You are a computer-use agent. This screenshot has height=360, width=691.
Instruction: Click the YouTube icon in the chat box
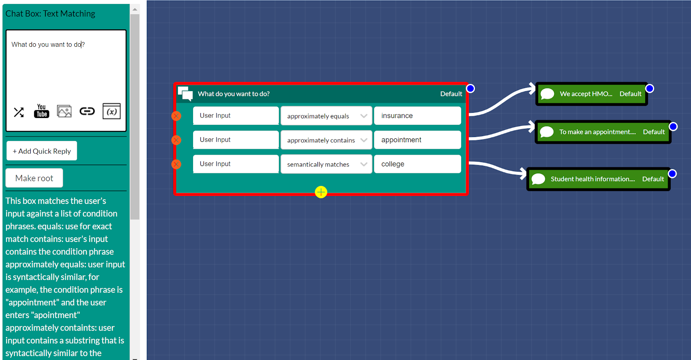41,112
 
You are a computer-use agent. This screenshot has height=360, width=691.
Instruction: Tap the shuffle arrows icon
19,112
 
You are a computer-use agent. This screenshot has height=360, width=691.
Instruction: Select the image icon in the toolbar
64,112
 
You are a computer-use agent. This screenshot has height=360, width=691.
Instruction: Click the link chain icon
87,112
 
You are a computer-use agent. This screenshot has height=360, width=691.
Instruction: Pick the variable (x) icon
111,112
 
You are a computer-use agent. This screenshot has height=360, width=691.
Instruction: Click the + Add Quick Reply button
41,151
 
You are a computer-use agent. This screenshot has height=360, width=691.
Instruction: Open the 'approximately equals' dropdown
326,116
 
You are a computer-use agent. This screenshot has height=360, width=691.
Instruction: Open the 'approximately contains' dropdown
326,140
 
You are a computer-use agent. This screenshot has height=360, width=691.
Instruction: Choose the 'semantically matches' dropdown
326,164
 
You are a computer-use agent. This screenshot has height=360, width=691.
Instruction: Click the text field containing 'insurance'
417,116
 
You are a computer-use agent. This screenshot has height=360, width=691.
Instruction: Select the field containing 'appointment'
417,140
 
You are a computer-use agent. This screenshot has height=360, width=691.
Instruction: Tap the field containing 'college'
417,164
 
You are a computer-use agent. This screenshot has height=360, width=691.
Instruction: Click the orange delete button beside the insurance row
176,116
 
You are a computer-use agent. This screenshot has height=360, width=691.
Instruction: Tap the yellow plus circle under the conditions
321,192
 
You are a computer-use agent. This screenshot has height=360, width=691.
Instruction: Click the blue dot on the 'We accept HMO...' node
650,89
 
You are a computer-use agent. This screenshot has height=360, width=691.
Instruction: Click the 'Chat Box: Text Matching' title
51,14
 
